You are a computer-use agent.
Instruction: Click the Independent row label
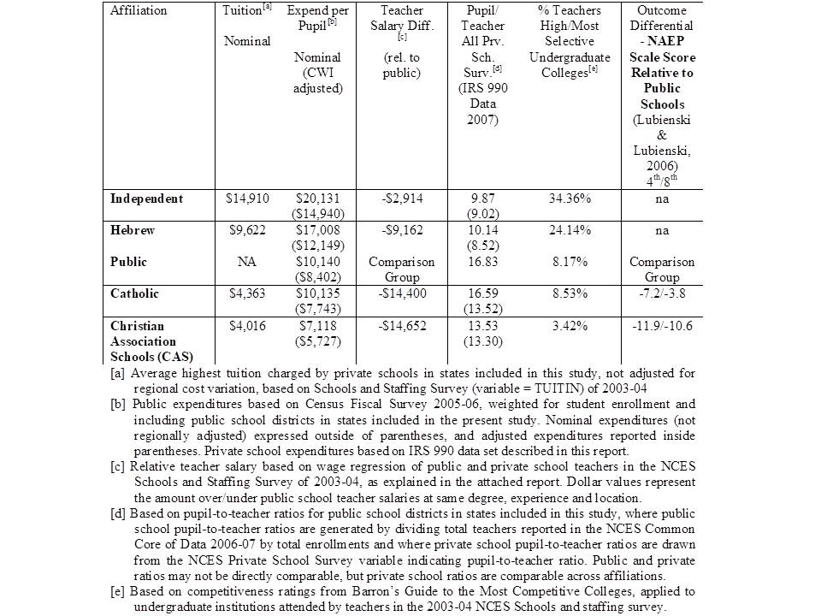coord(146,198)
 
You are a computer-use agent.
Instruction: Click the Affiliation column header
coord(139,10)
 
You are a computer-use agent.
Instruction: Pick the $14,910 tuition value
coord(247,198)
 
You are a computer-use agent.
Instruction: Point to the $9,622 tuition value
coord(247,230)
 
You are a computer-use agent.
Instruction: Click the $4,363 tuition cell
coord(247,293)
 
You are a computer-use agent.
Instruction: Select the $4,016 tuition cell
coord(247,326)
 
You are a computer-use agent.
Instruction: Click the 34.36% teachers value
coord(569,198)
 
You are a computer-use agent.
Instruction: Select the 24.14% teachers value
coord(569,230)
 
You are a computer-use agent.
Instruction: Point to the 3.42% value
coord(569,326)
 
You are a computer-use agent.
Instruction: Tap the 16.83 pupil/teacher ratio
coord(483,262)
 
